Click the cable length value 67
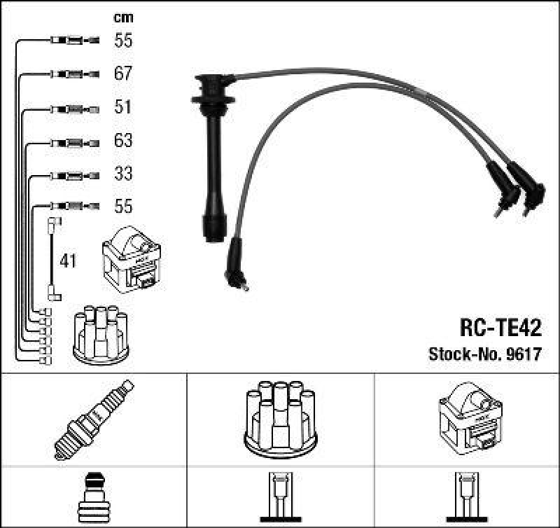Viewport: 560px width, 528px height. coord(123,74)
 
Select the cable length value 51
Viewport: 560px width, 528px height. coord(123,107)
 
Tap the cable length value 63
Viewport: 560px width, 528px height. coord(123,140)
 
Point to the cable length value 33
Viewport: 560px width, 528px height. coord(123,173)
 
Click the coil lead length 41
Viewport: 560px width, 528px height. coord(68,260)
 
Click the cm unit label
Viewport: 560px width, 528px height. coord(123,18)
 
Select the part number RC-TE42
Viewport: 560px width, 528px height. coord(500,328)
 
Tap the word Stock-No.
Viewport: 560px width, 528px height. coord(465,354)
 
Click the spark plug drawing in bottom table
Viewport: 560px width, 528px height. coord(94,419)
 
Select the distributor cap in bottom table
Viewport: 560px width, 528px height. coord(281,419)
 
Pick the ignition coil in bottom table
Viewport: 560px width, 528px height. coord(470,419)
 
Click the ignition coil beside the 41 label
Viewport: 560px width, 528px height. coord(132,259)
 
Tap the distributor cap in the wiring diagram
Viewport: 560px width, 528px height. coord(101,335)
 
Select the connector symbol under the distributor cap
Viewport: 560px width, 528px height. coord(281,497)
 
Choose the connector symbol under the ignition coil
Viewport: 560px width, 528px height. coord(467,497)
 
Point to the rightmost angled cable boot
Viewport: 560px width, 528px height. coord(528,188)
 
